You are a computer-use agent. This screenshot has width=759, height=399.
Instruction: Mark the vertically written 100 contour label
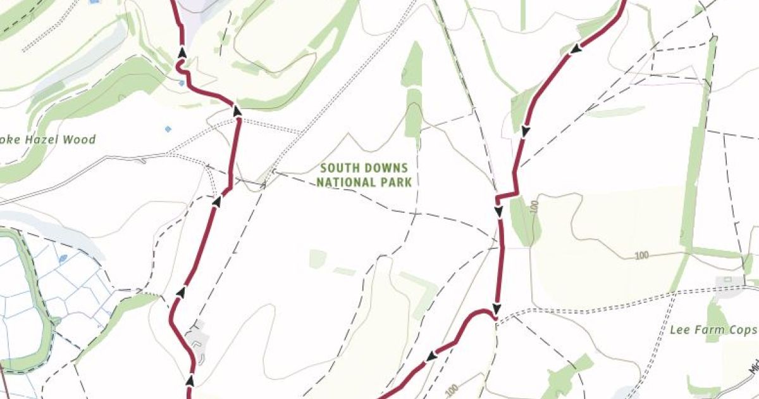(x=535, y=208)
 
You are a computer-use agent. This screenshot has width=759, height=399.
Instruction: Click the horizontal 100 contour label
(x=641, y=255)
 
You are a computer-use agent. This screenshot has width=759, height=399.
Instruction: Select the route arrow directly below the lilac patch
(x=182, y=52)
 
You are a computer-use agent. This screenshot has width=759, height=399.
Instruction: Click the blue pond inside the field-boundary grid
(x=63, y=258)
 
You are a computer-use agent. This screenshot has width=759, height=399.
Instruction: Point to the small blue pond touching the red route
(x=182, y=83)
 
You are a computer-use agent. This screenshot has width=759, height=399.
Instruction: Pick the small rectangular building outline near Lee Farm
(x=727, y=279)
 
